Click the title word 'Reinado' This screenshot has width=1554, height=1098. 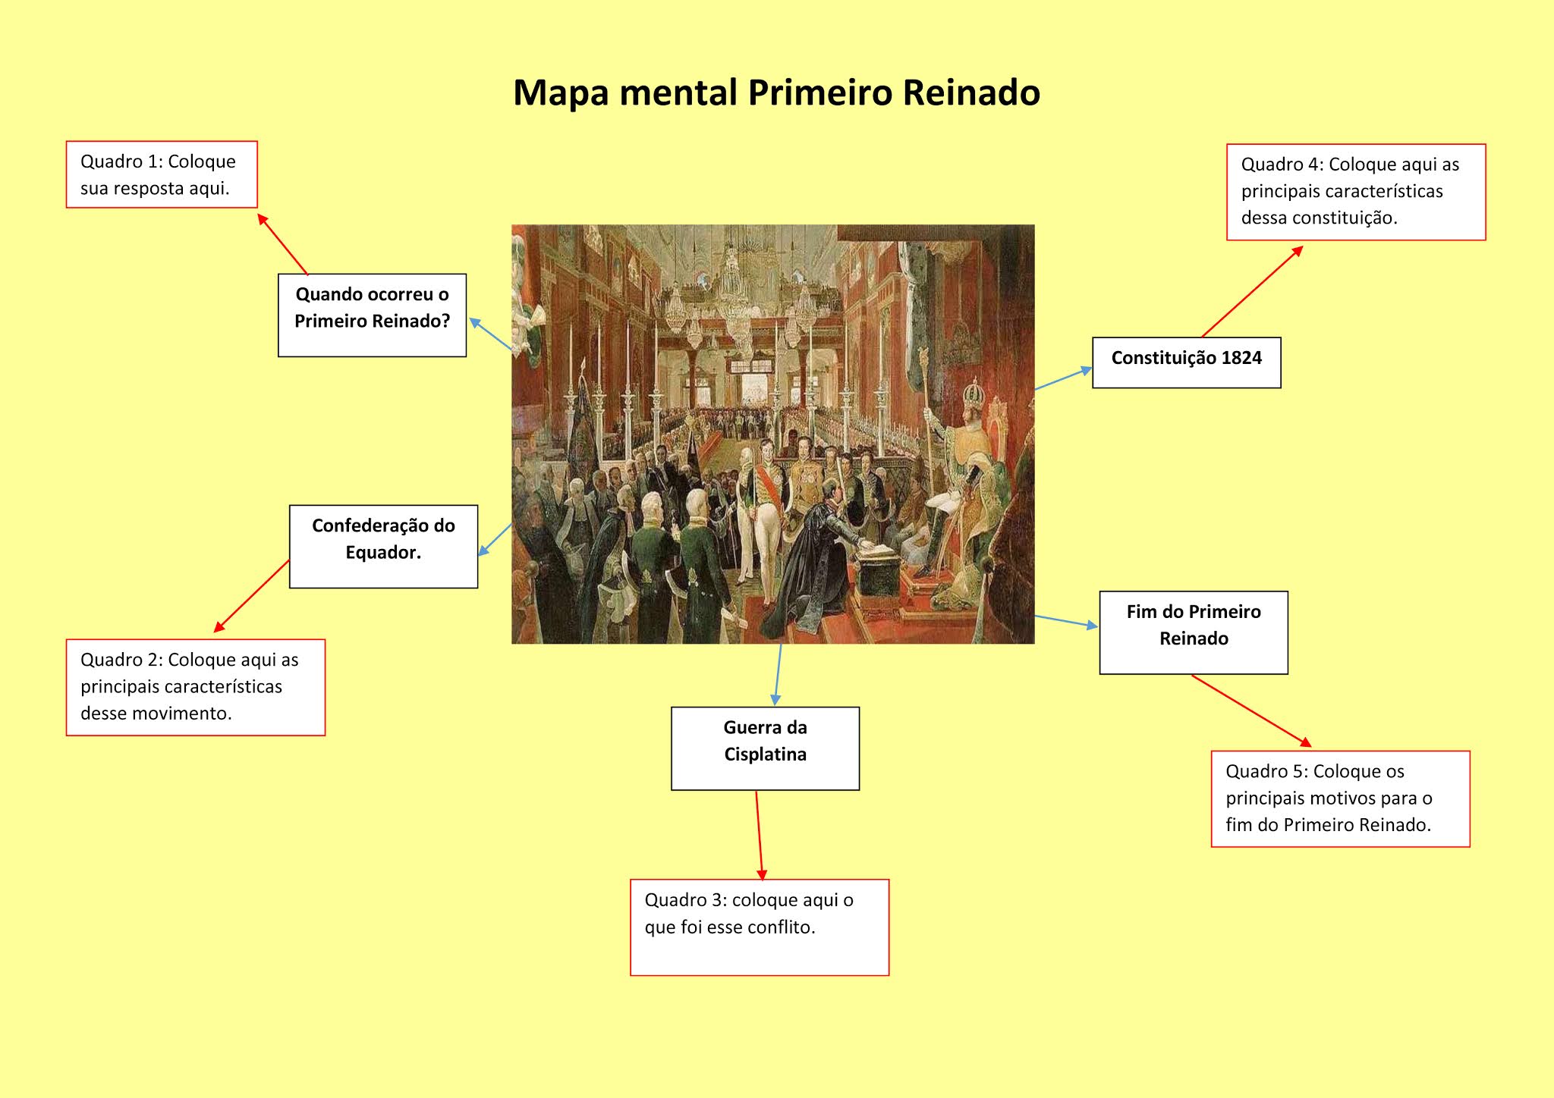pyautogui.click(x=970, y=93)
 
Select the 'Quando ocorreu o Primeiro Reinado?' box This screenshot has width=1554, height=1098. pyautogui.click(x=372, y=315)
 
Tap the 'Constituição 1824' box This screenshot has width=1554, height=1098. pyautogui.click(x=1186, y=362)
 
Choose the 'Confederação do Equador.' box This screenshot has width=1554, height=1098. pyautogui.click(x=383, y=546)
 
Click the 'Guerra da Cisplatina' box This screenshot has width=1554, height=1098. pyautogui.click(x=765, y=748)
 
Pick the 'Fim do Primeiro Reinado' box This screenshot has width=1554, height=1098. pyautogui.click(x=1194, y=632)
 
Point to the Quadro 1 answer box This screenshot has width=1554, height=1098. pyautogui.click(x=162, y=174)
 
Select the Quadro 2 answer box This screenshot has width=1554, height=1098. pyautogui.click(x=195, y=687)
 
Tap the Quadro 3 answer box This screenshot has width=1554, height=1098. pyautogui.click(x=759, y=927)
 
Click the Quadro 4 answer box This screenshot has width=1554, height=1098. pyautogui.click(x=1355, y=192)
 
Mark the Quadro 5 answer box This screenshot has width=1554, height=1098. pyautogui.click(x=1340, y=798)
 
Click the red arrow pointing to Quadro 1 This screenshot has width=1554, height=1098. pyautogui.click(x=283, y=244)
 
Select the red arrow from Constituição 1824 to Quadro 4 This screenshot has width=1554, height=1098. pyautogui.click(x=1252, y=292)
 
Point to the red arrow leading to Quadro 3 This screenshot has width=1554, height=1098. pyautogui.click(x=760, y=834)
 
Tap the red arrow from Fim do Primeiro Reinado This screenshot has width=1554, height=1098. pyautogui.click(x=1250, y=711)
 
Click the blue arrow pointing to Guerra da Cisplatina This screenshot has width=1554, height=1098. pyautogui.click(x=778, y=674)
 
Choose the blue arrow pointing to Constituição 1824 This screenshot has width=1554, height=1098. pyautogui.click(x=1063, y=379)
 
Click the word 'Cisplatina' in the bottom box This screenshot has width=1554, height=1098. pyautogui.click(x=765, y=754)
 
